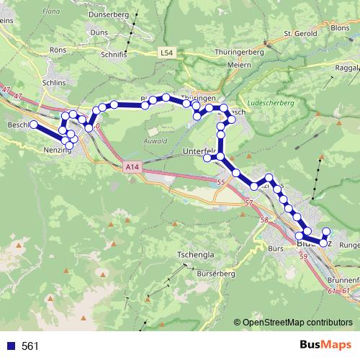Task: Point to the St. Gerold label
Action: point(300,33)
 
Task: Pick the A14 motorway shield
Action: point(130,167)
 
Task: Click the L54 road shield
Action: point(166,53)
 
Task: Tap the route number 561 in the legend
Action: point(30,346)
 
